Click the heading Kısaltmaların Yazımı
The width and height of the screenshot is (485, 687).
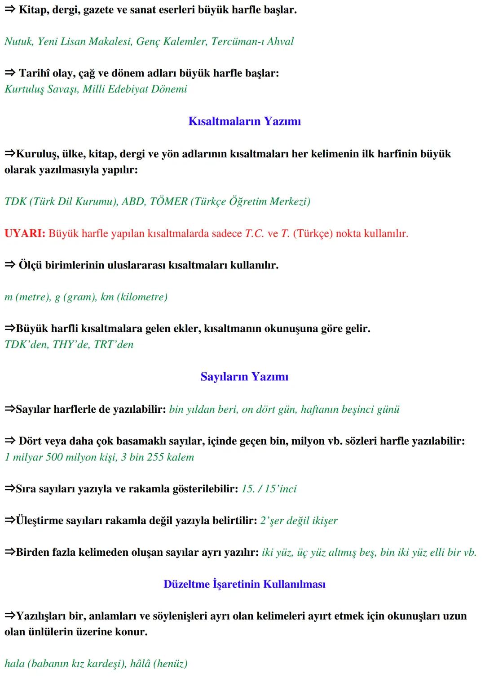click(x=244, y=121)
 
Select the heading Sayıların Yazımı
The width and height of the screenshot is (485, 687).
click(x=244, y=377)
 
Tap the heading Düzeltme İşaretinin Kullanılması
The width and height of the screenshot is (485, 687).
click(x=244, y=584)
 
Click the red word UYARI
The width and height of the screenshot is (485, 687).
click(x=24, y=234)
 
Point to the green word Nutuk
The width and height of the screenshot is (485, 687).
click(x=18, y=41)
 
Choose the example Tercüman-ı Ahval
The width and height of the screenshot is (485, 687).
click(x=252, y=41)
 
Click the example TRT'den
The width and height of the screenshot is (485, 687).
click(x=114, y=344)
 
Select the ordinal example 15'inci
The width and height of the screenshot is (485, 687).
click(x=281, y=489)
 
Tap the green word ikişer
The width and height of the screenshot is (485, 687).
click(x=325, y=521)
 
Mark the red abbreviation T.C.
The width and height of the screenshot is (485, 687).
click(x=254, y=234)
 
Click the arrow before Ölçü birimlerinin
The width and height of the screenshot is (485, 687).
click(x=10, y=265)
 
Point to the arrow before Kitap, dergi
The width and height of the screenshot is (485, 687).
click(x=10, y=10)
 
